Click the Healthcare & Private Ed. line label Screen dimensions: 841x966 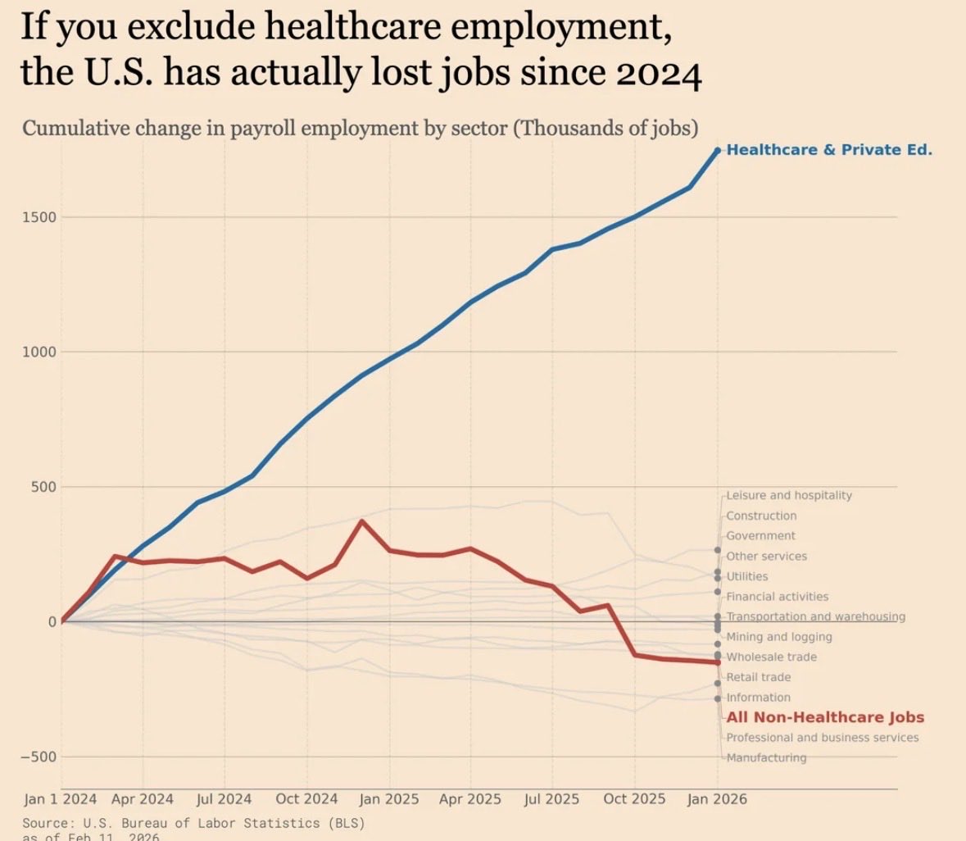coord(829,150)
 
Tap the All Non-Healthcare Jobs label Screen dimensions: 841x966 coord(825,717)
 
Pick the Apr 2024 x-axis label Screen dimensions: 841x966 coord(143,799)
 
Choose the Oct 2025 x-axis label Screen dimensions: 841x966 coord(635,799)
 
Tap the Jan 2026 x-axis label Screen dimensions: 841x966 coord(717,799)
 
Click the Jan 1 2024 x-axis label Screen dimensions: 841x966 coord(61,799)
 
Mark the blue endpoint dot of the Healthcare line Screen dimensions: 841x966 coord(717,150)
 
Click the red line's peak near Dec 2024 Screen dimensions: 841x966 coord(361,521)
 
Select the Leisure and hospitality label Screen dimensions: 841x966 coord(789,495)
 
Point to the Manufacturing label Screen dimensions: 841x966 coord(766,757)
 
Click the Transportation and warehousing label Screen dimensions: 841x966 coord(815,616)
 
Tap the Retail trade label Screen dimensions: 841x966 coord(759,677)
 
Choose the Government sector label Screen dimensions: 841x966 coord(760,535)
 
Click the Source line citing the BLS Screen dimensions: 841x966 coord(193,822)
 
